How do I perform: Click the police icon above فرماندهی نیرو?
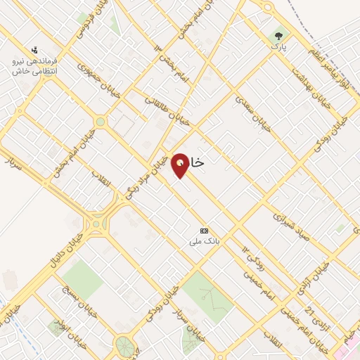(34, 50)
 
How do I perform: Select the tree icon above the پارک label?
(279, 34)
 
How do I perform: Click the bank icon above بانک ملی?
(205, 231)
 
